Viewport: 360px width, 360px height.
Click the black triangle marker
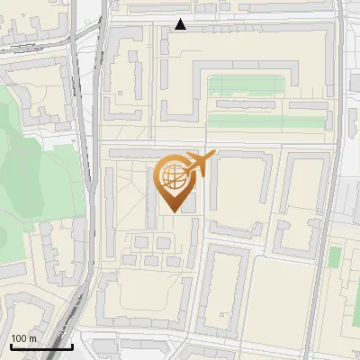tap(181, 24)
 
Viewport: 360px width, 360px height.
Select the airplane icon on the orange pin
tap(199, 164)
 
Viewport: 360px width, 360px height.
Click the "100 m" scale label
tap(23, 338)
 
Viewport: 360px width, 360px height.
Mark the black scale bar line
tap(40, 346)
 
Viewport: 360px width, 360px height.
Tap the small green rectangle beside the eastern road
tap(334, 256)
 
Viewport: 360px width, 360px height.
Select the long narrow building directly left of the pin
tap(152, 193)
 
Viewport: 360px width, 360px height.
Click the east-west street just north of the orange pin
tap(225, 144)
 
